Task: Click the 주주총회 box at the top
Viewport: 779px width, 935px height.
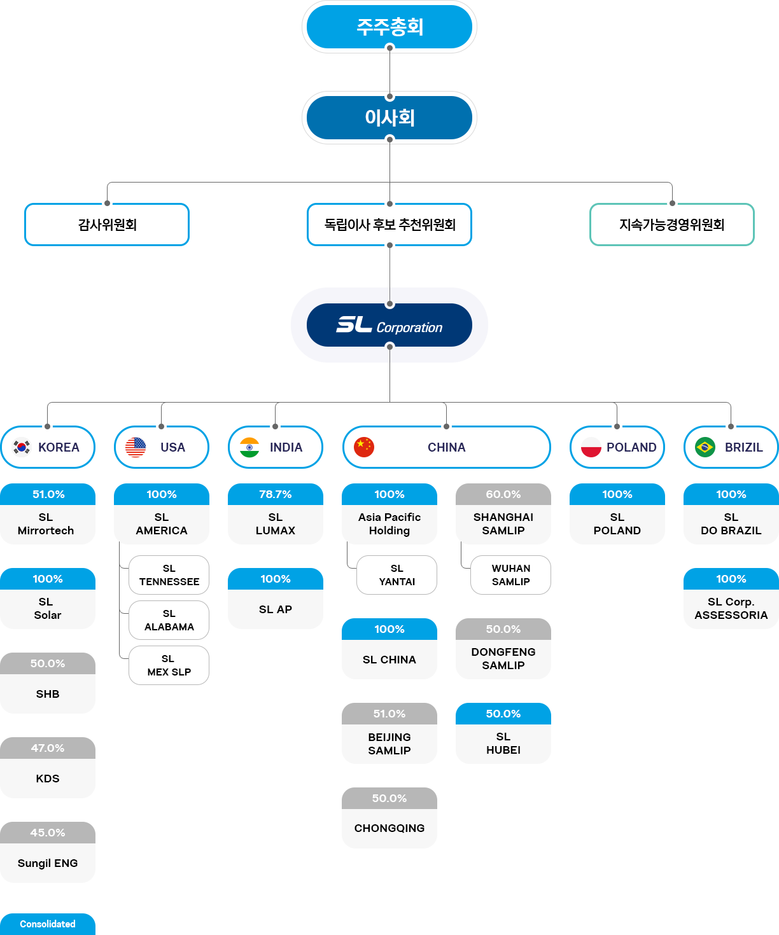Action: (x=389, y=27)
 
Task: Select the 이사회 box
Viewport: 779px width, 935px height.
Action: (x=389, y=117)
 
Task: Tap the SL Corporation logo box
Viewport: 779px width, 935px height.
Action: (x=389, y=325)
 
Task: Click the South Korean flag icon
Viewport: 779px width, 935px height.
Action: (x=22, y=447)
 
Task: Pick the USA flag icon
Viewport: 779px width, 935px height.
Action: (x=136, y=447)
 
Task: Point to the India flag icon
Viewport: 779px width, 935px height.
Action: (x=249, y=447)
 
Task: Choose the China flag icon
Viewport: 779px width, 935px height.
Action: (x=364, y=447)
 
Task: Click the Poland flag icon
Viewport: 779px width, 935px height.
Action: (x=591, y=447)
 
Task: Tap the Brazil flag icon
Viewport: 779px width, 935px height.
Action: (x=705, y=447)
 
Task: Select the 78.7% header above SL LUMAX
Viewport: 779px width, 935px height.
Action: (x=276, y=494)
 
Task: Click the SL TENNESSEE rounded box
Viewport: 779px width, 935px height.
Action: (x=169, y=575)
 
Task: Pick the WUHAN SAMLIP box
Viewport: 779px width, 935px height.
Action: (x=510, y=575)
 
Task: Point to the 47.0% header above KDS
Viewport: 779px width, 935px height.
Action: (x=48, y=748)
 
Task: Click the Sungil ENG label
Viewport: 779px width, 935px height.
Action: (x=48, y=863)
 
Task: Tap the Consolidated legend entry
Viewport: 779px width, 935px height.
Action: (x=48, y=924)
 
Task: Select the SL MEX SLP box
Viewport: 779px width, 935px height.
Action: (x=169, y=665)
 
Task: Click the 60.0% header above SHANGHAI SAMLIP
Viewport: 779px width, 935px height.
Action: (x=503, y=494)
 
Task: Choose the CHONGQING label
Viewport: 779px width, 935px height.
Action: (x=389, y=828)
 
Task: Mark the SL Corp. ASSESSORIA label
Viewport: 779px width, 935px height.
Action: (x=731, y=609)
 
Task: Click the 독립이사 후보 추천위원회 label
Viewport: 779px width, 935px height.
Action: (x=389, y=225)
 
